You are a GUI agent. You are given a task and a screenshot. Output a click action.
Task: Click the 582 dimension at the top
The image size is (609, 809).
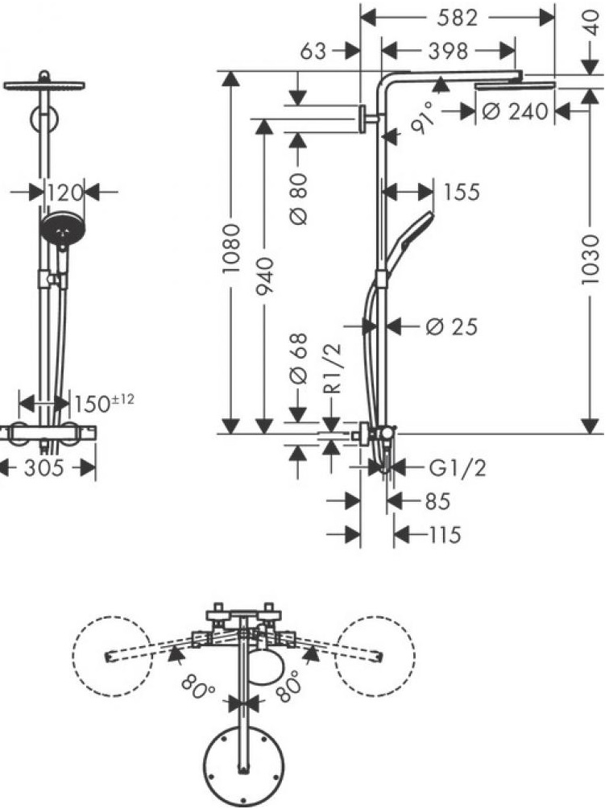tap(457, 17)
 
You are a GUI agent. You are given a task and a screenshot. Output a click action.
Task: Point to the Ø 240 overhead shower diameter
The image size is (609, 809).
tap(515, 111)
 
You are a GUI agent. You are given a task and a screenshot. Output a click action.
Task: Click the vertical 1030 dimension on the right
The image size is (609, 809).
tap(591, 259)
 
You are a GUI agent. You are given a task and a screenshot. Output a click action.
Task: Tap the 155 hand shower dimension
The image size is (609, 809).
tap(461, 192)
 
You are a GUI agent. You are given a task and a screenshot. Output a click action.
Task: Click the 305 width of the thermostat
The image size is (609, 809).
tap(43, 468)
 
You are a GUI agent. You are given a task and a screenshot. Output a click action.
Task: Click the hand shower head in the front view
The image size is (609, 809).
tap(60, 229)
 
